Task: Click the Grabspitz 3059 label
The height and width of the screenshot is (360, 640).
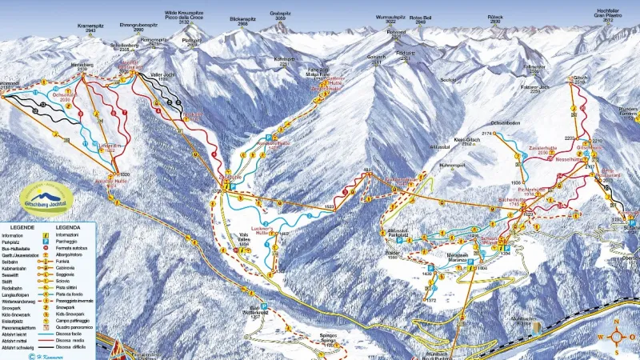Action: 280,15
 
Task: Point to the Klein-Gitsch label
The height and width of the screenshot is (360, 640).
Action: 466,141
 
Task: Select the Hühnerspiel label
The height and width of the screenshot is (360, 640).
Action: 452,165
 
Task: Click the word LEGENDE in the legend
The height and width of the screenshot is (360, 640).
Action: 17,227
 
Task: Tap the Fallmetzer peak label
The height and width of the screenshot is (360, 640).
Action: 533,68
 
